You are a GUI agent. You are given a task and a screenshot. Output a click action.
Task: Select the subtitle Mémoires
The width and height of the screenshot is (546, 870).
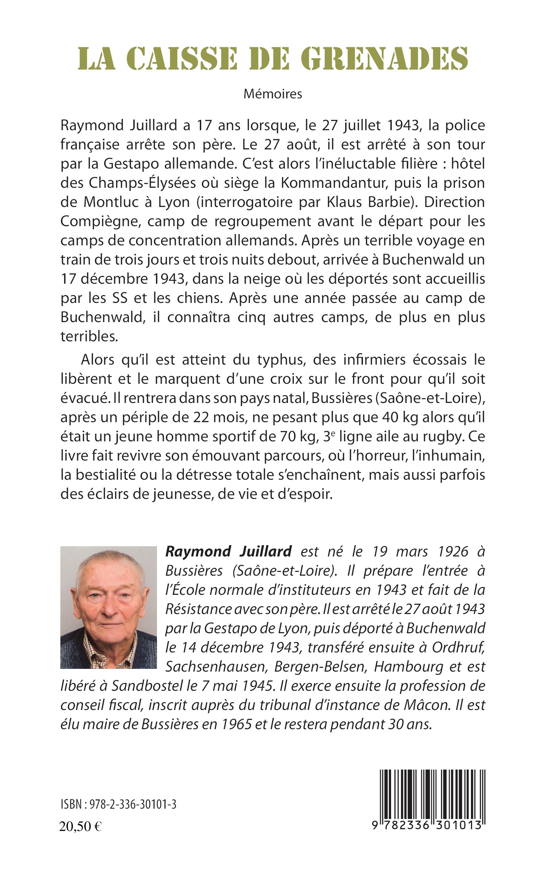coord(272,94)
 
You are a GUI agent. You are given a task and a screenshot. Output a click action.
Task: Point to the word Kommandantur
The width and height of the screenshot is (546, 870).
coord(333,183)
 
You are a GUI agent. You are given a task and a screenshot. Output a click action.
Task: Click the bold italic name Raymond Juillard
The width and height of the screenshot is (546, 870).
coord(228,552)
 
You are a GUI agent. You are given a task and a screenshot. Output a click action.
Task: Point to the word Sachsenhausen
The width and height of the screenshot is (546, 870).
coord(216,666)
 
